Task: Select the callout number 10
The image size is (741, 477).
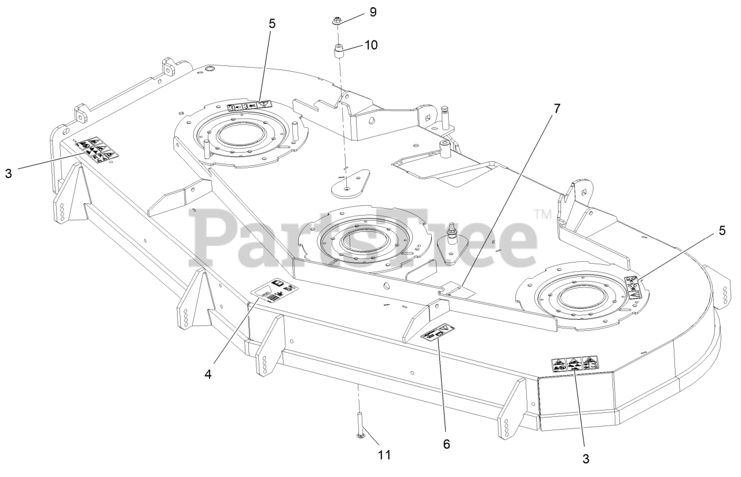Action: coord(371,45)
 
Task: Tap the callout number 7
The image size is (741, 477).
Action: coord(557,108)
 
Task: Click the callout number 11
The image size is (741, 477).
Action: coord(384,455)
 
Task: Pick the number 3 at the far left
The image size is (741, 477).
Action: coord(8,173)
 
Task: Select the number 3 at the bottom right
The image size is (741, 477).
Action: coord(586,459)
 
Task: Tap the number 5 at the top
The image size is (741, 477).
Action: coord(272,24)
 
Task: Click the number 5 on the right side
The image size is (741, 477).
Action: coord(721,230)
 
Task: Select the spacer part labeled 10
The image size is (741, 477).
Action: coord(338,54)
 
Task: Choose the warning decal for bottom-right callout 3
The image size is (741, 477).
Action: coord(575,364)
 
